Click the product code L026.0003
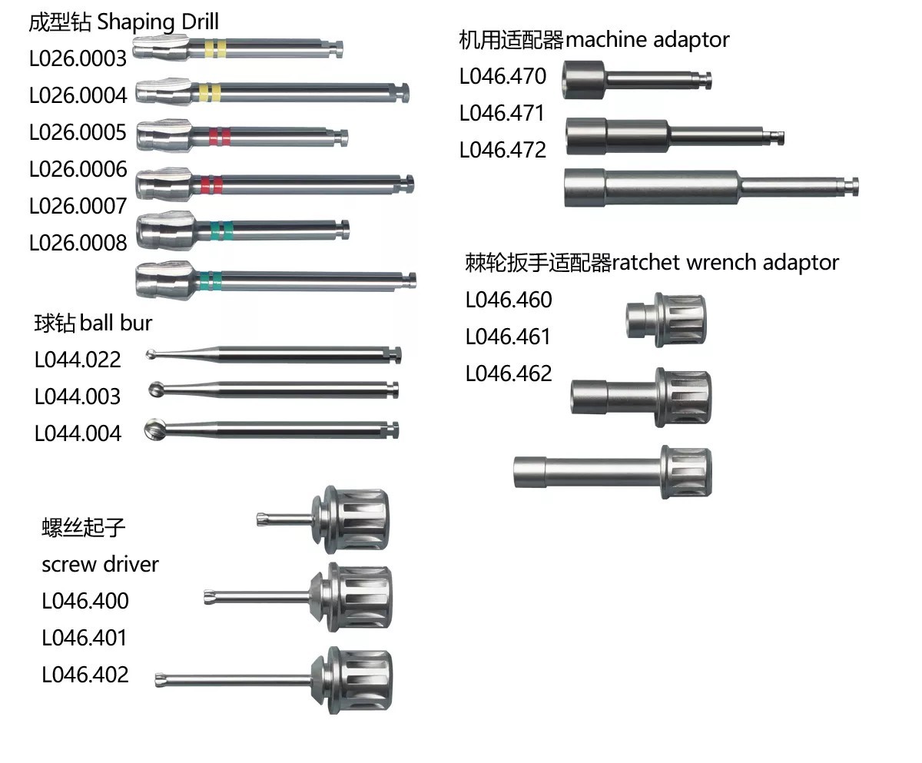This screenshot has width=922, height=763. (x=78, y=58)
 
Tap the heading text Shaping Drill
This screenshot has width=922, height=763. (x=158, y=22)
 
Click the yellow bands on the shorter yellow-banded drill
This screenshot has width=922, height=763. (x=216, y=48)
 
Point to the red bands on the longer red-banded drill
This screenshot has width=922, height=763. (x=211, y=184)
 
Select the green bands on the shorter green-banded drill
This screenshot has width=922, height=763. (x=222, y=231)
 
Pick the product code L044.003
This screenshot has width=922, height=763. (x=78, y=396)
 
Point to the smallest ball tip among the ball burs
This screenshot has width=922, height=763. (x=151, y=354)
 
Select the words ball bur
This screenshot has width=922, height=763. (x=116, y=323)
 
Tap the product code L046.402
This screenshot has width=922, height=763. (x=85, y=675)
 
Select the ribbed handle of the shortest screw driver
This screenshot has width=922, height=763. (x=357, y=520)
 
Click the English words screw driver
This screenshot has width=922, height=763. (x=100, y=564)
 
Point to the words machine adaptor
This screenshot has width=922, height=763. (x=647, y=40)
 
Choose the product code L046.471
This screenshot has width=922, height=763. (x=502, y=114)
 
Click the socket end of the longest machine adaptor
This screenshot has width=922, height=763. (x=585, y=187)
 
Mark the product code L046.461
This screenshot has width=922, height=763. (x=508, y=337)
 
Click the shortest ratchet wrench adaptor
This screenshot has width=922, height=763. (x=666, y=319)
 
